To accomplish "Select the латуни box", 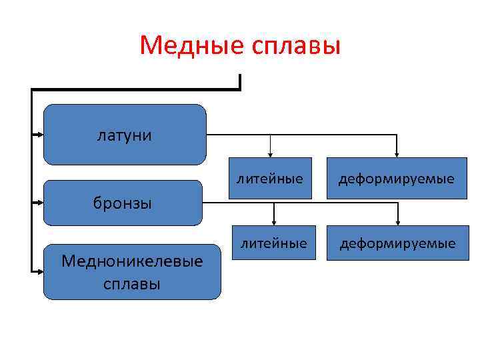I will click(x=125, y=134).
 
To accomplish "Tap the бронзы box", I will click(x=123, y=203).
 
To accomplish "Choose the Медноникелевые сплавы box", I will click(x=132, y=271).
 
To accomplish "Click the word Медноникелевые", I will click(x=132, y=261).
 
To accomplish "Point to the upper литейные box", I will click(x=270, y=179).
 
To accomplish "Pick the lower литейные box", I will click(x=274, y=243).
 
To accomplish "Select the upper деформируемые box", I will click(x=397, y=179).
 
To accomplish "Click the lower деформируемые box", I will click(x=398, y=243).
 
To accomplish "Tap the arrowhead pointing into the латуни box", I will click(x=39, y=134).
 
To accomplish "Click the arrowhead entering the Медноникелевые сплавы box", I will click(x=39, y=271).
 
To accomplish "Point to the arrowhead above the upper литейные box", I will click(x=270, y=154).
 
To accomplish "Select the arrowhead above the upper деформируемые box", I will click(x=397, y=154).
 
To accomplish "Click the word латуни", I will click(x=125, y=135).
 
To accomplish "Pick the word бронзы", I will click(x=123, y=203).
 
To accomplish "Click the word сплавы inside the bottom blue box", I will click(x=132, y=283).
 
